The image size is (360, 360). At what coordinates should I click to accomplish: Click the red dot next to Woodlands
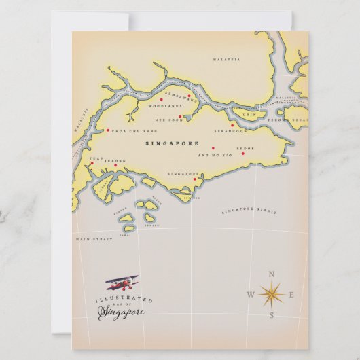point(161,100)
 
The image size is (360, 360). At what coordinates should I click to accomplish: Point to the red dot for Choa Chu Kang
point(107,130)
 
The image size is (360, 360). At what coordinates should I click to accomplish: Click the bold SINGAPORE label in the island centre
point(172,143)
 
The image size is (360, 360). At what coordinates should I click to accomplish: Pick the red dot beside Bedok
point(242,154)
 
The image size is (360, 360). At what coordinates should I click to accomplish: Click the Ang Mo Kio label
point(211,156)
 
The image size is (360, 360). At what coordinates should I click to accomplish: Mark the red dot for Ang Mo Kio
point(213,148)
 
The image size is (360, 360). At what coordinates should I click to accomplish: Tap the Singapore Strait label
point(249,211)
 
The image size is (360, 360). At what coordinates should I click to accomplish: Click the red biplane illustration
point(122,283)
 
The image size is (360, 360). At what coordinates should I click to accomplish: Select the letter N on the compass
point(272,274)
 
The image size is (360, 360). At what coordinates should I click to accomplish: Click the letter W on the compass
point(250,295)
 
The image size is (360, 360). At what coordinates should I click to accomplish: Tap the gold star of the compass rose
point(272,294)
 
